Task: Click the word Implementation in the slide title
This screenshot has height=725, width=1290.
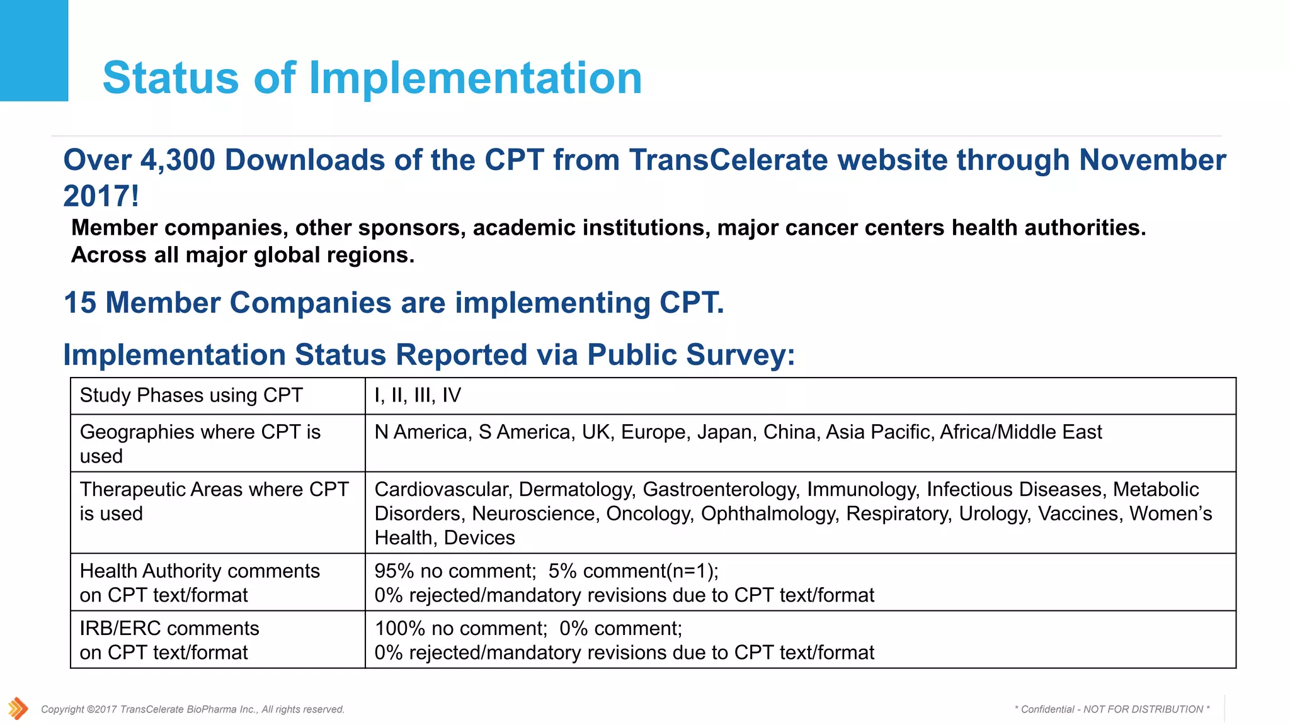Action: pos(476,78)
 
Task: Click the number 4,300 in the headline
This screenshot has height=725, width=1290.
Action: pos(178,160)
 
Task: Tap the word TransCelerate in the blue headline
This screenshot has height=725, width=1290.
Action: pos(728,160)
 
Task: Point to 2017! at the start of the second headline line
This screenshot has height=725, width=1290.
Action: pos(101,196)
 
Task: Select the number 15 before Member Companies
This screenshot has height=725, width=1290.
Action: pos(80,303)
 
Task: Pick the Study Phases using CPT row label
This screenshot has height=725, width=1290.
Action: pos(191,395)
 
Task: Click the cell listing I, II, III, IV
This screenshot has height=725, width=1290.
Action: pos(418,395)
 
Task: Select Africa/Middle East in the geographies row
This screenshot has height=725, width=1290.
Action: pos(1020,432)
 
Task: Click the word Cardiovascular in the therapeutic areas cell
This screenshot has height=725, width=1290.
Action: pos(441,490)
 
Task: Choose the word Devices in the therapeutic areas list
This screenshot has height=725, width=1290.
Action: pos(479,538)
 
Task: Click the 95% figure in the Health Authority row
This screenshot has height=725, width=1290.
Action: pos(394,571)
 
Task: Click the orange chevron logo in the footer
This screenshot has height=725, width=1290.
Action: pos(18,708)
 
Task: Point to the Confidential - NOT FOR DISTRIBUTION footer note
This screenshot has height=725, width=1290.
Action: pos(1112,709)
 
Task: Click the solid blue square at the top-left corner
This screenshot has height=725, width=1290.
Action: pos(33,50)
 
